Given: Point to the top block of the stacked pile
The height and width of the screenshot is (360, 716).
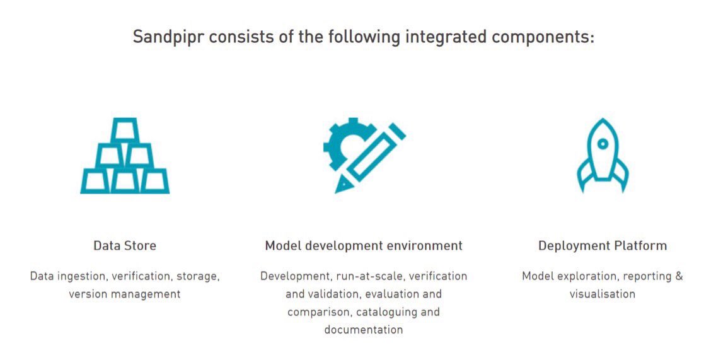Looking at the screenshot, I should tap(125, 130).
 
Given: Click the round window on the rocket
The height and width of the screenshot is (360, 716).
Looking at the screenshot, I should tap(603, 144).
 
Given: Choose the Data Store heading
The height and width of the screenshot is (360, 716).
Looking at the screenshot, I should tap(125, 245).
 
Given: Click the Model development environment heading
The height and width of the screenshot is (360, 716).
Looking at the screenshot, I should tap(364, 245).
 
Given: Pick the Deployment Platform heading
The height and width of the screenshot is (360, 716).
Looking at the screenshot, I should tap(602, 245).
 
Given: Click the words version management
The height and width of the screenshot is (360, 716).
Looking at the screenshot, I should tap(125, 294).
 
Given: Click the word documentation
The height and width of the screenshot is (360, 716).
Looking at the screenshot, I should tap(364, 329).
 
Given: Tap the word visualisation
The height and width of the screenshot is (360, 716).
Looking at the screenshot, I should tap(602, 294).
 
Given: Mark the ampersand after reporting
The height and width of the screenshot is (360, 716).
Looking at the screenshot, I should tap(678, 276).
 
